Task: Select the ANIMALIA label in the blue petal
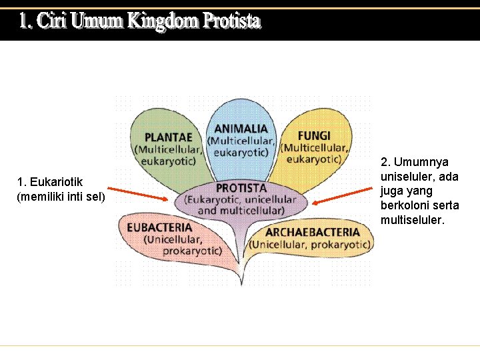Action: (241, 129)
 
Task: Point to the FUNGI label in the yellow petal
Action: (314, 135)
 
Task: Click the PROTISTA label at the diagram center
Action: (241, 189)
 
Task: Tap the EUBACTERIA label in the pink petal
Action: (159, 227)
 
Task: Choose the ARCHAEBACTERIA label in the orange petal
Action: (312, 233)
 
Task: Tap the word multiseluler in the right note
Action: (411, 220)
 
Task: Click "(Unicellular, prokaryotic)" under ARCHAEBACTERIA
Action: (309, 245)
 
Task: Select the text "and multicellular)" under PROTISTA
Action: (241, 211)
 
